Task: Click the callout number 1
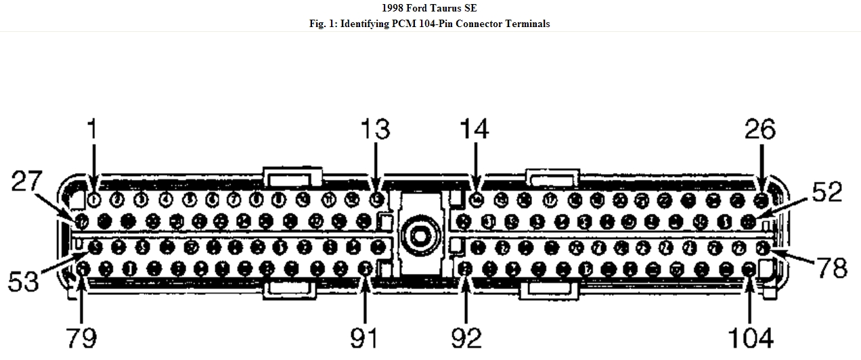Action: (93, 129)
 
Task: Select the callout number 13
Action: (375, 129)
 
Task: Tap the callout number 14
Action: (474, 129)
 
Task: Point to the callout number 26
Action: (759, 129)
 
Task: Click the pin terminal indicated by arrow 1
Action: (94, 200)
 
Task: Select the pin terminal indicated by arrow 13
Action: (377, 200)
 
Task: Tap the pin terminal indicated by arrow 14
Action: (476, 200)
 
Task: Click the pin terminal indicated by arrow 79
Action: (82, 269)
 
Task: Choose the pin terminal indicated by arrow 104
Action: (749, 270)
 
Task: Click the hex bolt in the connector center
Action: (418, 233)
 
